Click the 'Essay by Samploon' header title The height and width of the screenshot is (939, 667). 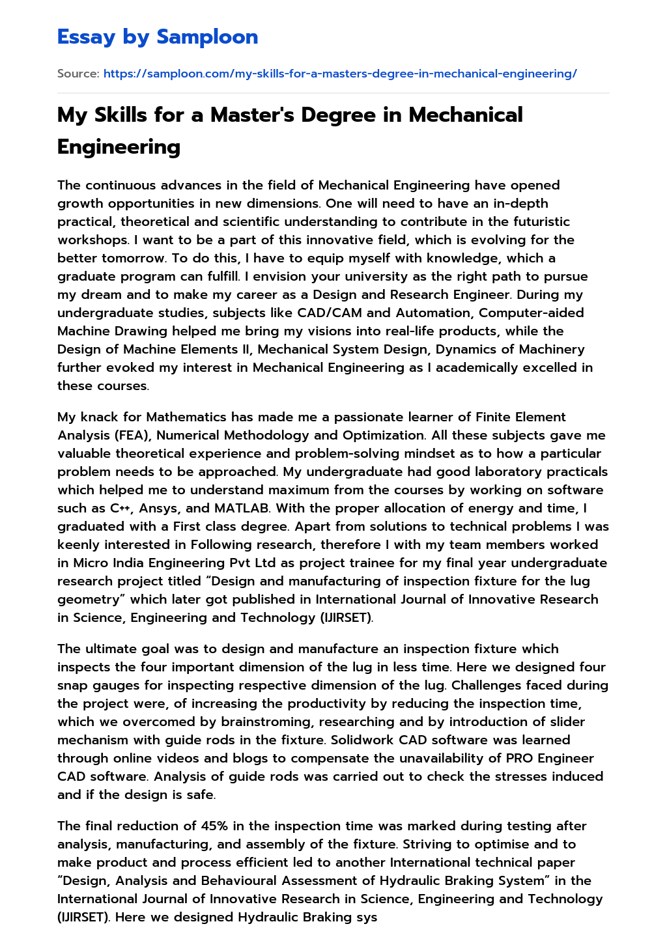click(x=158, y=37)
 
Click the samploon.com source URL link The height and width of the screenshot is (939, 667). click(x=340, y=74)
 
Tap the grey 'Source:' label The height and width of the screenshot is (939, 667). click(x=78, y=74)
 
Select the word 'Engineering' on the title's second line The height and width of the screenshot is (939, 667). click(x=119, y=147)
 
